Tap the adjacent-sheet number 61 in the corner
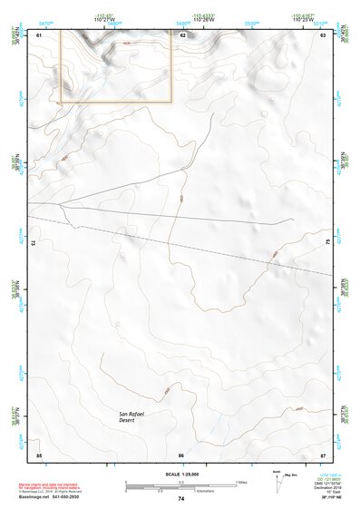tap(38, 34)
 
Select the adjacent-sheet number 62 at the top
tap(182, 34)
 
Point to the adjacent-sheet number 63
tap(324, 34)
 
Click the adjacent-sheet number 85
tap(38, 454)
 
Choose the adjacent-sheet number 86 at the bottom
tap(181, 454)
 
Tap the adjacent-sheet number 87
tap(324, 454)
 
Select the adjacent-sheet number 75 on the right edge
tap(327, 243)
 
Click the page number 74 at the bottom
tap(181, 499)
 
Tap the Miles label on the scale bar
tap(242, 482)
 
